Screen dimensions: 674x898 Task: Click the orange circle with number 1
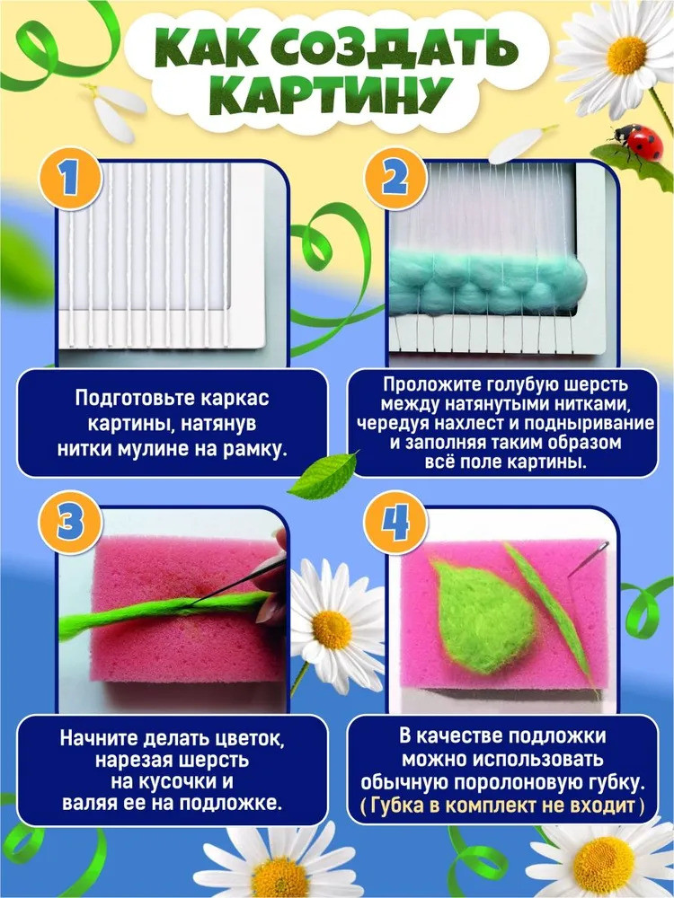tap(70, 179)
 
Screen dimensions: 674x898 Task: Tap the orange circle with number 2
tap(395, 179)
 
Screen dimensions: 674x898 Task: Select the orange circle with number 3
tap(70, 523)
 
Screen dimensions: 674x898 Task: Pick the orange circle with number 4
tap(395, 523)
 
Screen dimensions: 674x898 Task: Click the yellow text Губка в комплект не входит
tap(502, 806)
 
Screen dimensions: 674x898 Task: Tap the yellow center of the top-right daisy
tap(626, 56)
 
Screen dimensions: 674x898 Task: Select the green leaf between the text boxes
tap(324, 476)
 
